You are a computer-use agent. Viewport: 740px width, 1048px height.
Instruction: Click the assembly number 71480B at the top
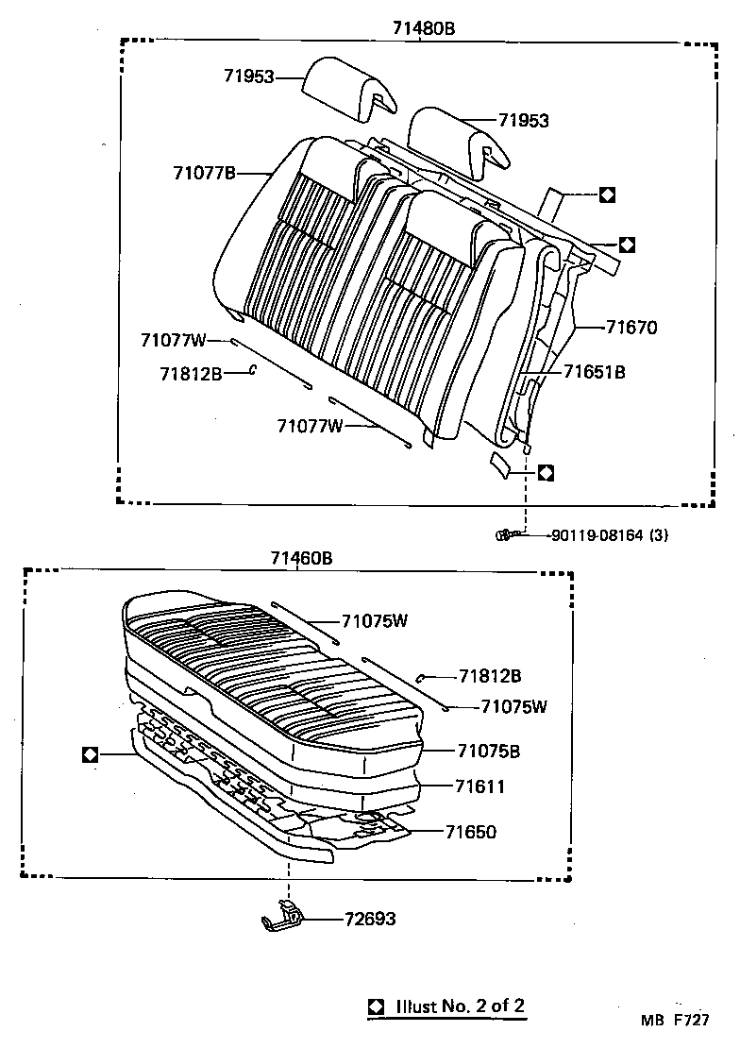(x=424, y=28)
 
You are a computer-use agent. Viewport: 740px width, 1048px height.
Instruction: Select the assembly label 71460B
(x=301, y=558)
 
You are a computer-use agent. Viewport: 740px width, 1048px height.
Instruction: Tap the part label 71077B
(x=204, y=172)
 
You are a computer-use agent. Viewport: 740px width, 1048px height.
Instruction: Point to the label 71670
(x=631, y=328)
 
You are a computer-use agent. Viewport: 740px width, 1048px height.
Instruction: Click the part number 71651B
(x=594, y=372)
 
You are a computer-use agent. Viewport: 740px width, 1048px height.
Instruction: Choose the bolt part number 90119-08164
(x=596, y=535)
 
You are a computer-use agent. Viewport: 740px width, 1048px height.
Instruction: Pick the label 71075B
(x=489, y=752)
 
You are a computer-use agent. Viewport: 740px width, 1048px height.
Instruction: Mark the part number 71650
(x=470, y=832)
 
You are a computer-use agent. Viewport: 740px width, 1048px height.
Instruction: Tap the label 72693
(x=369, y=919)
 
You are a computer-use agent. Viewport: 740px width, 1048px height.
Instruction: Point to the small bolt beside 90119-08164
(x=506, y=535)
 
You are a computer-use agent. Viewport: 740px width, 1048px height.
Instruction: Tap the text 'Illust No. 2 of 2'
(x=460, y=1006)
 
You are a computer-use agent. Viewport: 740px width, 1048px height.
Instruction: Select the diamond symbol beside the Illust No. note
(x=376, y=1006)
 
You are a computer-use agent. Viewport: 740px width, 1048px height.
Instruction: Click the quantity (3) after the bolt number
(x=660, y=535)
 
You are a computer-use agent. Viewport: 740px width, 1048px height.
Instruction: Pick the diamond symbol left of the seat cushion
(x=91, y=754)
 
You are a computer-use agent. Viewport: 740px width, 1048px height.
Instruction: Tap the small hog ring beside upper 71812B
(x=252, y=372)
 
